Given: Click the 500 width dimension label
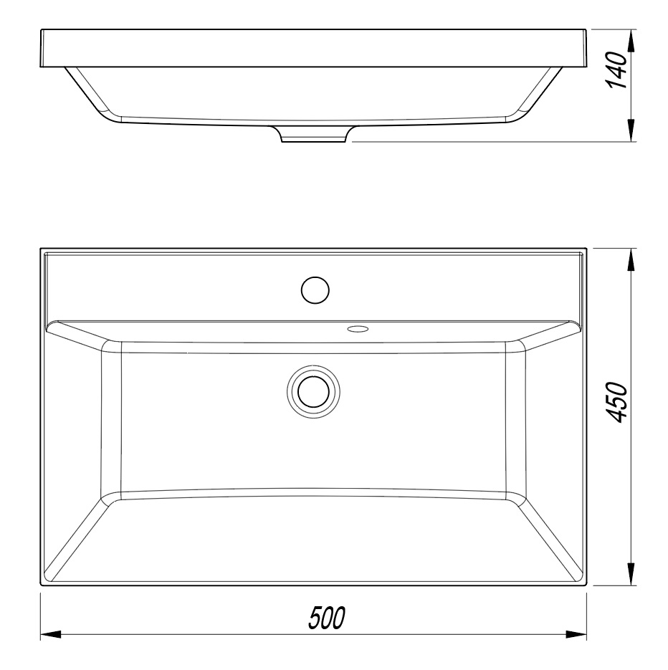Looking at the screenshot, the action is click(x=327, y=618).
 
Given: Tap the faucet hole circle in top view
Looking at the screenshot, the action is click(x=315, y=290).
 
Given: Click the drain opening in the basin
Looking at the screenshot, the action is click(x=314, y=392).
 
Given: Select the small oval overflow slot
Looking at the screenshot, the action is click(x=358, y=329).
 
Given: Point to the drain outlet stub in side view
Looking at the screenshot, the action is click(x=313, y=134).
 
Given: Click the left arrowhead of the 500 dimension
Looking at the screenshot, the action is click(x=51, y=635).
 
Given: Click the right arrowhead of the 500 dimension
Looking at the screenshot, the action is click(x=576, y=635).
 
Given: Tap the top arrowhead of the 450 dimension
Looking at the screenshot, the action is click(x=630, y=259).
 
